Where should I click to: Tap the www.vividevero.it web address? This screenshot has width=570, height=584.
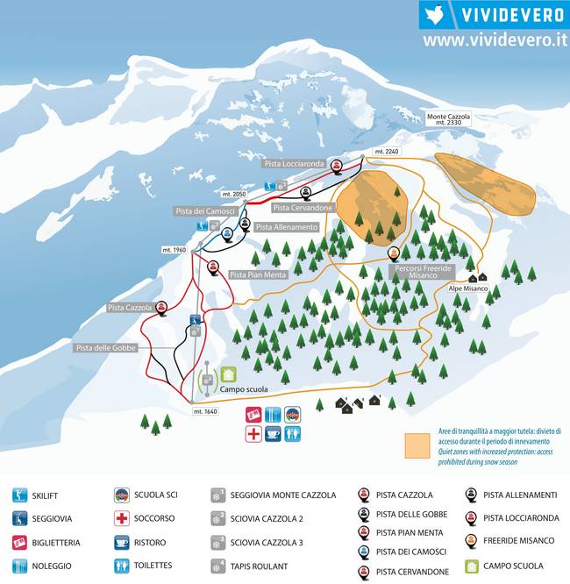point(495,40)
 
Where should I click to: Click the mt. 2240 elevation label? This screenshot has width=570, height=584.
point(386,152)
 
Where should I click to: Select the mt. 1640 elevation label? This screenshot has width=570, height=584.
point(204,411)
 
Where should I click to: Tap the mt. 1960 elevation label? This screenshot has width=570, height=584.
point(175,250)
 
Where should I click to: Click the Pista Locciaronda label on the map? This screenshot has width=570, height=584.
point(294,164)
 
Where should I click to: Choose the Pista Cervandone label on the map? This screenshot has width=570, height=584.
point(303,208)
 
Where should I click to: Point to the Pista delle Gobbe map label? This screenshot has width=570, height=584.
point(108,348)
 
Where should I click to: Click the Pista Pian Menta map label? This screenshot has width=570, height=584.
point(258,274)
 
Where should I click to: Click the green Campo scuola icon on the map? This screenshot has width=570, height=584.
point(229,374)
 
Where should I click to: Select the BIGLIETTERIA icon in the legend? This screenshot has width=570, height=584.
point(20,542)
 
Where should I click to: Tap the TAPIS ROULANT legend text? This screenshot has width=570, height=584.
point(259,566)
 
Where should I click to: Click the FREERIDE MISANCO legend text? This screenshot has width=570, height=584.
point(519,541)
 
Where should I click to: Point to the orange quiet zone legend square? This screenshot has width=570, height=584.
point(417,446)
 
